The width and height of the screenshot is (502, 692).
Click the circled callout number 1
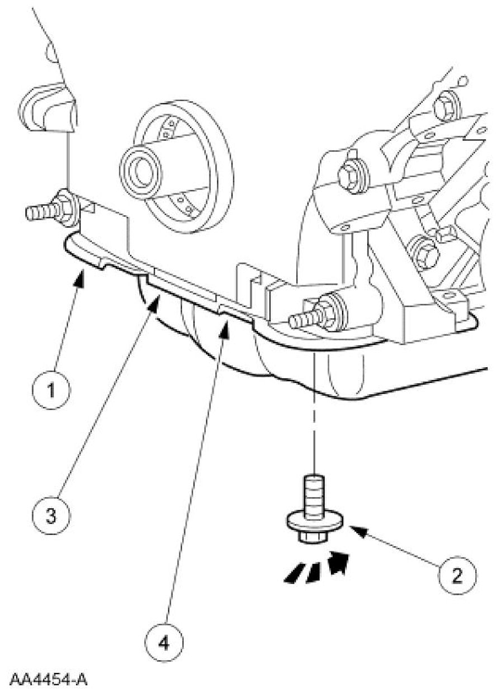click(51, 390)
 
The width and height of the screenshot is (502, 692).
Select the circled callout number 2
click(457, 575)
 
